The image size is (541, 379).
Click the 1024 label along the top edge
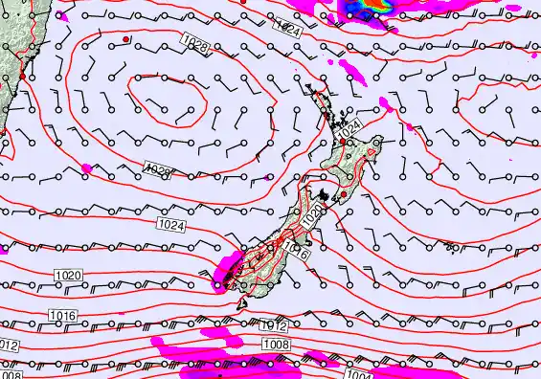click(x=288, y=29)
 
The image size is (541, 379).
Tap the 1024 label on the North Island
click(x=351, y=125)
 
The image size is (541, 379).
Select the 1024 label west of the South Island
click(x=170, y=224)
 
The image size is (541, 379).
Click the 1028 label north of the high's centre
click(x=193, y=42)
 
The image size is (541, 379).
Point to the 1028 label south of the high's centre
click(x=156, y=169)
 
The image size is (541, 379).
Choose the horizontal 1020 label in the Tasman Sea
click(x=69, y=276)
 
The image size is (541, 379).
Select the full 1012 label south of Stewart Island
click(x=273, y=326)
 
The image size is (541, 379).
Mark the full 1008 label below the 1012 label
click(x=276, y=344)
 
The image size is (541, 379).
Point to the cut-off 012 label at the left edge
click(x=9, y=346)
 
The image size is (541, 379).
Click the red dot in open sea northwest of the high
click(x=125, y=38)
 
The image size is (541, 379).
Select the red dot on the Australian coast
click(x=22, y=75)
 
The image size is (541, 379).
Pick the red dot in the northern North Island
click(x=344, y=140)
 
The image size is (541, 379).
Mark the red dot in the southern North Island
click(x=343, y=194)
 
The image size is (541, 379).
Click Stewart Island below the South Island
click(x=243, y=305)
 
